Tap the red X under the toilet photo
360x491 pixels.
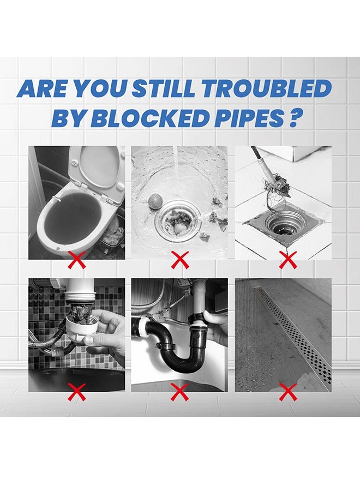coord(77,261)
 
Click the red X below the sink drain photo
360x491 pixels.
coord(179,261)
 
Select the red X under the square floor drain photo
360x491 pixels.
coord(287,261)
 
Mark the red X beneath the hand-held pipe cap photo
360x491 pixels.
coord(77,391)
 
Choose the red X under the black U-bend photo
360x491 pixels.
coord(179,391)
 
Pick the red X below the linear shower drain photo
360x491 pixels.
coord(287,391)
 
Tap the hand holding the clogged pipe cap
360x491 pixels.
coord(104,336)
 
